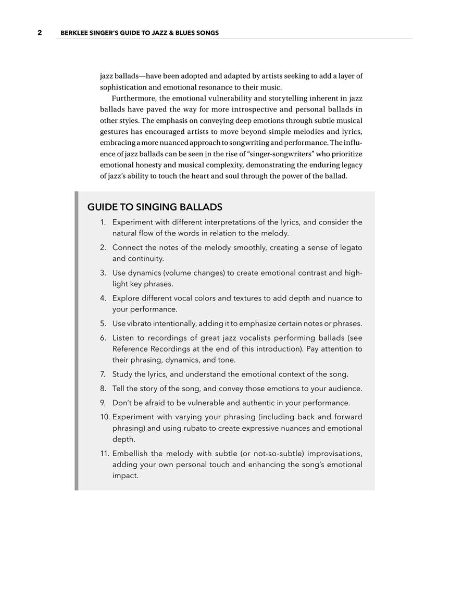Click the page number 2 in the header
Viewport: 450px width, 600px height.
pos(40,33)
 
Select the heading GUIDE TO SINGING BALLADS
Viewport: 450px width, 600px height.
pos(155,207)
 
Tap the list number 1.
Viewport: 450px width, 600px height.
pos(103,222)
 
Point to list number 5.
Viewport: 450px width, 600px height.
pos(103,323)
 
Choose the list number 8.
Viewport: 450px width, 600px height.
pos(103,389)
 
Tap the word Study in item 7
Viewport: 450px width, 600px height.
pos(123,374)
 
